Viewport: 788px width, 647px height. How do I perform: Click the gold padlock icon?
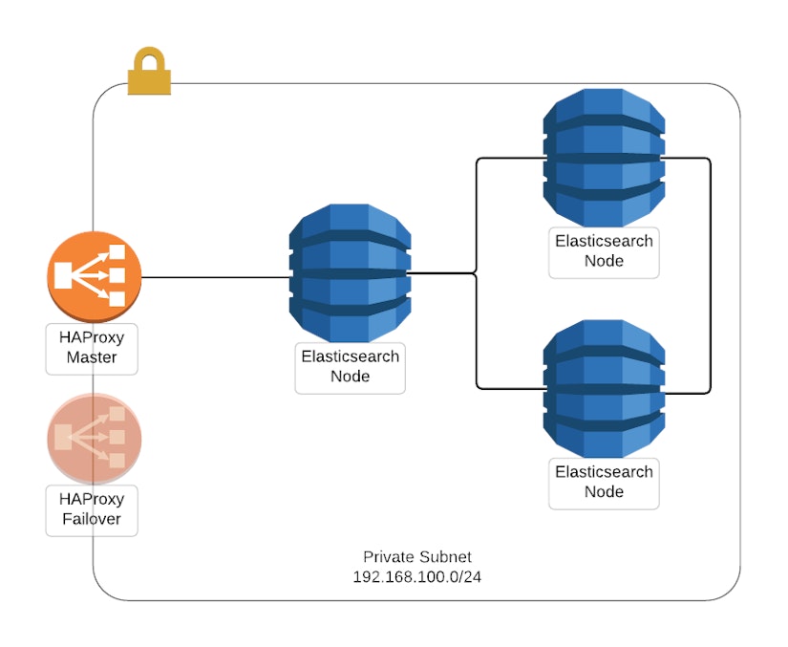(149, 76)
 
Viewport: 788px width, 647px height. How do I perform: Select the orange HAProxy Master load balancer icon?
(94, 275)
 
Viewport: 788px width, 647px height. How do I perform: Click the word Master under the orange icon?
(92, 358)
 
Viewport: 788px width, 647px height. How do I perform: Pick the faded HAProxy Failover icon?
(94, 439)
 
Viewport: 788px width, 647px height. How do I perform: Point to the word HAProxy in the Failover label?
(92, 499)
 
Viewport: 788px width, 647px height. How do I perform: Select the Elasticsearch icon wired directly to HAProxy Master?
(351, 273)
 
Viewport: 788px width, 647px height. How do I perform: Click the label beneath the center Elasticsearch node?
(351, 367)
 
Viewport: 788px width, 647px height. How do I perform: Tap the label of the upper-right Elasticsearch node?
(604, 251)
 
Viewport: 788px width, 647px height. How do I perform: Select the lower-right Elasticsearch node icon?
(604, 389)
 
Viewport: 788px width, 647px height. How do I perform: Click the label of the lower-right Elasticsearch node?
(604, 482)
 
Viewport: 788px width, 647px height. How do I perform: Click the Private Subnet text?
(416, 557)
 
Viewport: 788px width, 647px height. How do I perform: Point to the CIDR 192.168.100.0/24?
(416, 577)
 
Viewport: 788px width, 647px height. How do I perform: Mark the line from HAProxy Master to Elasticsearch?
(215, 278)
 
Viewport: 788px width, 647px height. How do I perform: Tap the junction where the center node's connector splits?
(477, 274)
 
